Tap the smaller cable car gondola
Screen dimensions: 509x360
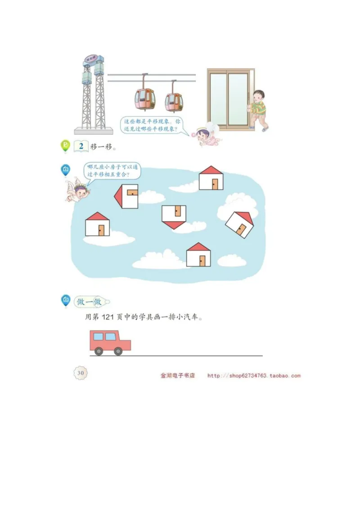point(173,102)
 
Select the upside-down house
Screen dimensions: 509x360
point(174,216)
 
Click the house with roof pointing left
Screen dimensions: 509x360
point(126,196)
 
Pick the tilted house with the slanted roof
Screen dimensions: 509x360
point(240,224)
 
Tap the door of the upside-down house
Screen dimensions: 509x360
point(178,211)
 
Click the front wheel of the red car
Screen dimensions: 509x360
point(118,351)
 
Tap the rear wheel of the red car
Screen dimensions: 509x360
point(99,351)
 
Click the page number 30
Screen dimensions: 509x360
point(81,373)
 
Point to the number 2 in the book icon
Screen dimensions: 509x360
point(81,146)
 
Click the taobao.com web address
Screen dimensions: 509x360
point(254,376)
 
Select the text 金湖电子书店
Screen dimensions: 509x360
point(177,376)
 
